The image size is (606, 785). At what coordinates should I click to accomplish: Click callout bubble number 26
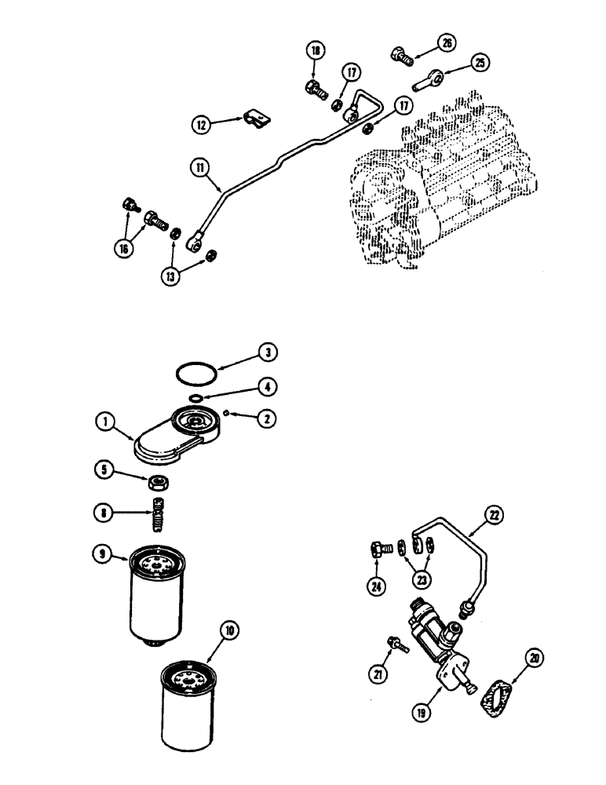(447, 44)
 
